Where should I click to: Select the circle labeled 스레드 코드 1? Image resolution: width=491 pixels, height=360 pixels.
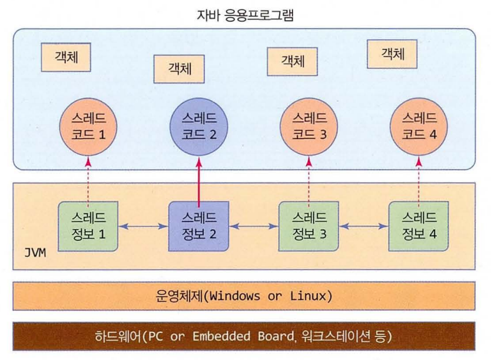pos(87,127)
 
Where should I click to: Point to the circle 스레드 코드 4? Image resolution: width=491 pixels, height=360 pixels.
pos(417,127)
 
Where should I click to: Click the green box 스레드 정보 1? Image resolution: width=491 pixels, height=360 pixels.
pos(87,226)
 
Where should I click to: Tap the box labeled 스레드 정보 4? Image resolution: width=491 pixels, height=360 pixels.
pos(417,226)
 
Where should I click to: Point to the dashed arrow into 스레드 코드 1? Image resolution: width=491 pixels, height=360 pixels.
pos(87,179)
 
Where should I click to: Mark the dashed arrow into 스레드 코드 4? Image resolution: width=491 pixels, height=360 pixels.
pos(417,179)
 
